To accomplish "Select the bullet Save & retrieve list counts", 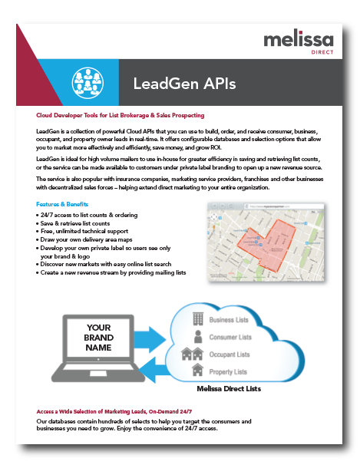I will (x=75, y=223).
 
